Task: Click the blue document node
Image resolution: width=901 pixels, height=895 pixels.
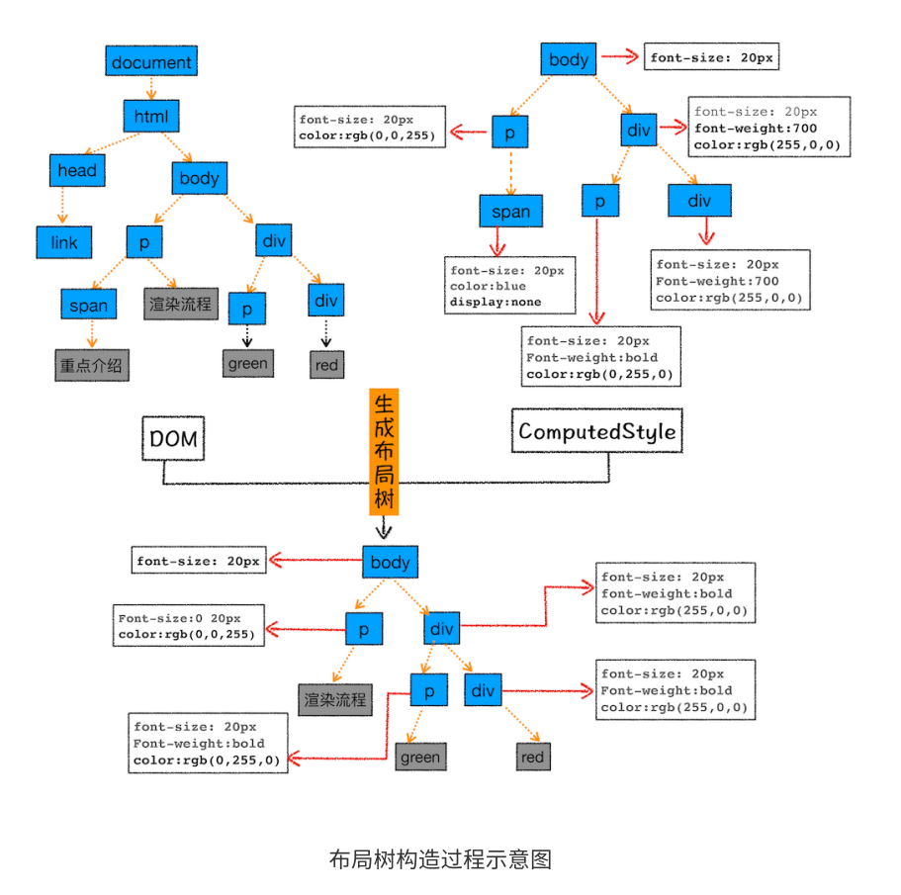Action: click(x=151, y=62)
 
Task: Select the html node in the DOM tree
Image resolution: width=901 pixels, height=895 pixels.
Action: click(x=151, y=117)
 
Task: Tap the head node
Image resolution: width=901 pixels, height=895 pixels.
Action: click(x=77, y=170)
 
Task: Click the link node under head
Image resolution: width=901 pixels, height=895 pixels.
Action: click(x=63, y=241)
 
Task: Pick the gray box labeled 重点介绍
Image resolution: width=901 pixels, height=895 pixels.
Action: click(x=92, y=365)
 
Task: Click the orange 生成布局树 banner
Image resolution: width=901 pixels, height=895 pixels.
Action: click(x=384, y=452)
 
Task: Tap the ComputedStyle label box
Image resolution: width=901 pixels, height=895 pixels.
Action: click(x=596, y=431)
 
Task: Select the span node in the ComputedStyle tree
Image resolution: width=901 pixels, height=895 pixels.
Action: click(x=510, y=212)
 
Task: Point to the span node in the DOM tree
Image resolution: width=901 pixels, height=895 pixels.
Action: click(x=88, y=306)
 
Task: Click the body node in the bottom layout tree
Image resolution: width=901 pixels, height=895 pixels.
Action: click(x=390, y=563)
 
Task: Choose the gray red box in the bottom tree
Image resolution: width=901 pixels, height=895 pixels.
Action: click(x=532, y=758)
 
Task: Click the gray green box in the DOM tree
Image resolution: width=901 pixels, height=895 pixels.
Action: click(x=247, y=363)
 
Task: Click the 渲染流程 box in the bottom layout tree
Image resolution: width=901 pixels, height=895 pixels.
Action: click(x=335, y=699)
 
